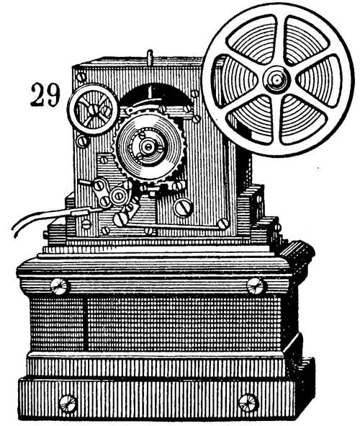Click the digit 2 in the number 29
pyautogui.click(x=37, y=95)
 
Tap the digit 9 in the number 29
pyautogui.click(x=53, y=95)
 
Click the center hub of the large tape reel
pyautogui.click(x=276, y=80)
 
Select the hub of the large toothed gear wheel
pyautogui.click(x=148, y=147)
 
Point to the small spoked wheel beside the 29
pyautogui.click(x=93, y=110)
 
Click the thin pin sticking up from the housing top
pyautogui.click(x=150, y=57)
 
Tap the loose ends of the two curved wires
pyautogui.click(x=14, y=229)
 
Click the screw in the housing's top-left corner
pyautogui.click(x=81, y=77)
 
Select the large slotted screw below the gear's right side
pyautogui.click(x=184, y=208)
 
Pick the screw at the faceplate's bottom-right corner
pyautogui.click(x=223, y=223)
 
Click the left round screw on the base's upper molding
pyautogui.click(x=60, y=286)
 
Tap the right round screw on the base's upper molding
pyautogui.click(x=256, y=286)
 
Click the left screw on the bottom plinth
pyautogui.click(x=68, y=404)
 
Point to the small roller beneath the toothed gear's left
pyautogui.click(x=119, y=195)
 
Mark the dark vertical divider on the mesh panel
pyautogui.click(x=86, y=324)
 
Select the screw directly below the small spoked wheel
pyautogui.click(x=82, y=141)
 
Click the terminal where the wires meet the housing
pyautogui.click(x=81, y=212)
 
